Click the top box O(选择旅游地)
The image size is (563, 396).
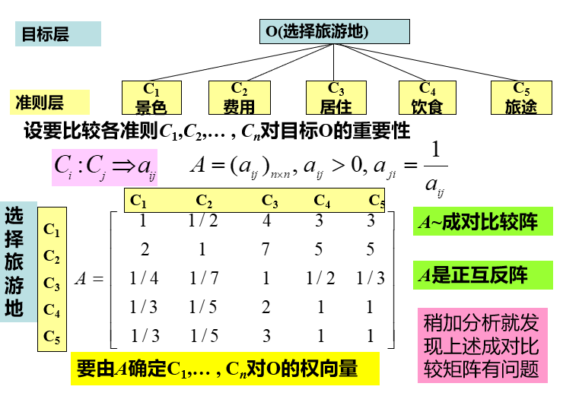(336, 31)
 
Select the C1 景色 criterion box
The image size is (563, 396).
(151, 97)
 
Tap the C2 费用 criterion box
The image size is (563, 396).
(239, 97)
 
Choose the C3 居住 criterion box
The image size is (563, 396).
(336, 97)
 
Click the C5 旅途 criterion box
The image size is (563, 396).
(521, 97)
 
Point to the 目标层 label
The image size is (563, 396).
(57, 33)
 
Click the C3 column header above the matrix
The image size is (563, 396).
(269, 201)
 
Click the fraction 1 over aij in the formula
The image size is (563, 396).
(434, 166)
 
